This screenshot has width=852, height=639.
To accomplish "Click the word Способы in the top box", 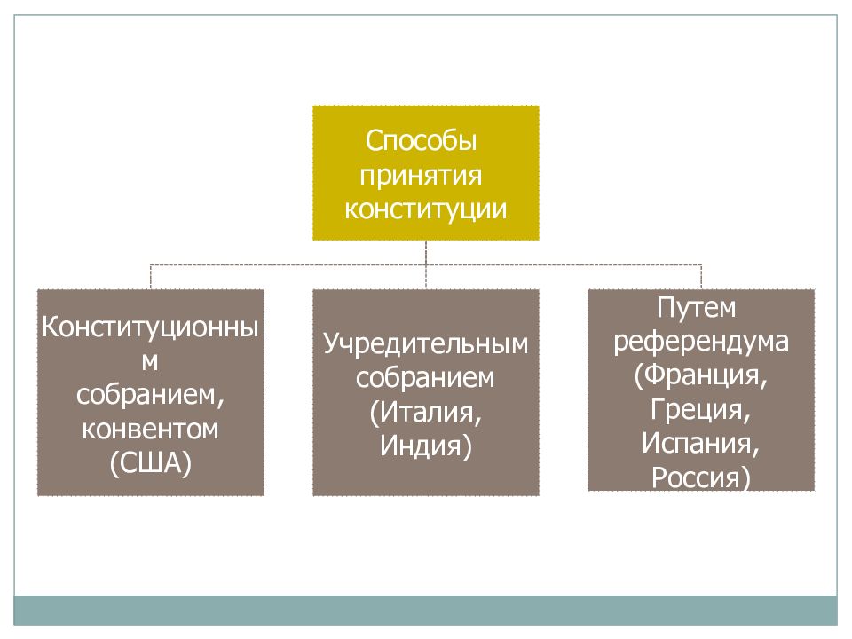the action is point(421,141).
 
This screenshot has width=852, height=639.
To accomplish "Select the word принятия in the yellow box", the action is point(421,176).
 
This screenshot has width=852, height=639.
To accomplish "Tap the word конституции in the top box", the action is point(425,209).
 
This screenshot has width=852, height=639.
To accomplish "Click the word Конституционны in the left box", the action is point(150,327).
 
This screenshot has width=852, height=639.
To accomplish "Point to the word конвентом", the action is point(150,430).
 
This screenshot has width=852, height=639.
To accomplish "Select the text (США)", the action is point(151,463).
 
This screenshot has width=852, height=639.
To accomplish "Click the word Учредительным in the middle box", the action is point(425,344).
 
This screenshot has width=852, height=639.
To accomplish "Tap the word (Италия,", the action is point(425,412).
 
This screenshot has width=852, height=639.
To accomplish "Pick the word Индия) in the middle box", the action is point(425,446).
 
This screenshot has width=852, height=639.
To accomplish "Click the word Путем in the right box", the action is point(696,308).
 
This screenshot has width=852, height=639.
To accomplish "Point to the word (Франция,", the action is point(701,375).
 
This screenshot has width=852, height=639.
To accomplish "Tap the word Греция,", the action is point(700,409).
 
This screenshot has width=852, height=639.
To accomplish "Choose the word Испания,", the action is point(700,443).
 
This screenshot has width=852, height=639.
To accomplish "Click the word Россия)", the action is point(701,477).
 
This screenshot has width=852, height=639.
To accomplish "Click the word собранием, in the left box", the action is point(150,395).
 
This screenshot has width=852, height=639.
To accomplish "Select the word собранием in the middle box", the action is point(425,378).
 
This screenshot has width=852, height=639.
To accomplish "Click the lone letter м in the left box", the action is point(150,362).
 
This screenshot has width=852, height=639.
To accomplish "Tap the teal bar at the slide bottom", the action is point(425,611).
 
